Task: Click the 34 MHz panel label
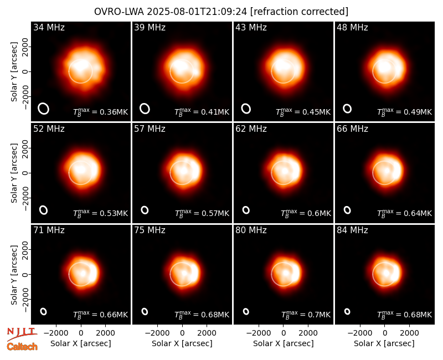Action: (x=49, y=27)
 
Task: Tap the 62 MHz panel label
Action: (x=251, y=129)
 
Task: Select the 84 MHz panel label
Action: (x=352, y=230)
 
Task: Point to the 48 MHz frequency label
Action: (x=352, y=27)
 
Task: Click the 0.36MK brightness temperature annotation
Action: (x=101, y=112)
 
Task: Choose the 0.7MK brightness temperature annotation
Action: (x=306, y=314)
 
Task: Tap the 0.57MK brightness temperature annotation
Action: (x=202, y=213)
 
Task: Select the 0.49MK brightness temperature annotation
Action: (x=405, y=112)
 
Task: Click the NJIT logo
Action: (x=22, y=333)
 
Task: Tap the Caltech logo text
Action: (x=22, y=347)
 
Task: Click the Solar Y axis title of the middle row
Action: (x=14, y=173)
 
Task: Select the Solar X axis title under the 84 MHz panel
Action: (x=384, y=343)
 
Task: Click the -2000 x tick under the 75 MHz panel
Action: (x=157, y=333)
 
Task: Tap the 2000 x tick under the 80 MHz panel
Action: (x=308, y=333)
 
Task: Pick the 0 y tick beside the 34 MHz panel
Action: (x=25, y=71)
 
